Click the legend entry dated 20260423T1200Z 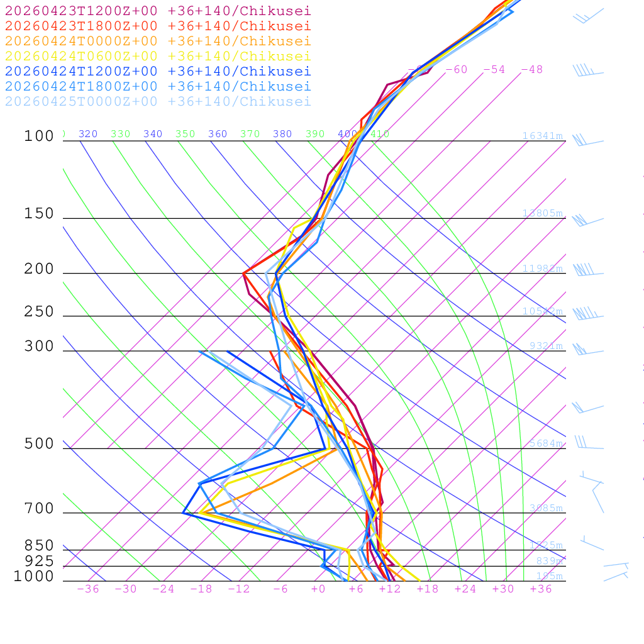158,11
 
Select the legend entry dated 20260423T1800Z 158,26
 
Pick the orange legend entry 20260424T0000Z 158,41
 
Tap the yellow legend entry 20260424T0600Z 158,56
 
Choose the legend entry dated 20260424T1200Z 158,71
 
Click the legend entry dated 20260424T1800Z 158,86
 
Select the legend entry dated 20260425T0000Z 158,101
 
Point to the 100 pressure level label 39,136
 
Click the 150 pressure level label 39,214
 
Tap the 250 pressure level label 39,312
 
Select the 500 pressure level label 39,444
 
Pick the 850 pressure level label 39,545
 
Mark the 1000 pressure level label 34,577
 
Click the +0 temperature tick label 318,589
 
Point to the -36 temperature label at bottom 87,589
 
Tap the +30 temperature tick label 503,589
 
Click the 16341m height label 542,136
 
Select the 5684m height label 546,443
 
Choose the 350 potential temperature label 185,134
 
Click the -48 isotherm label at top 531,69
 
